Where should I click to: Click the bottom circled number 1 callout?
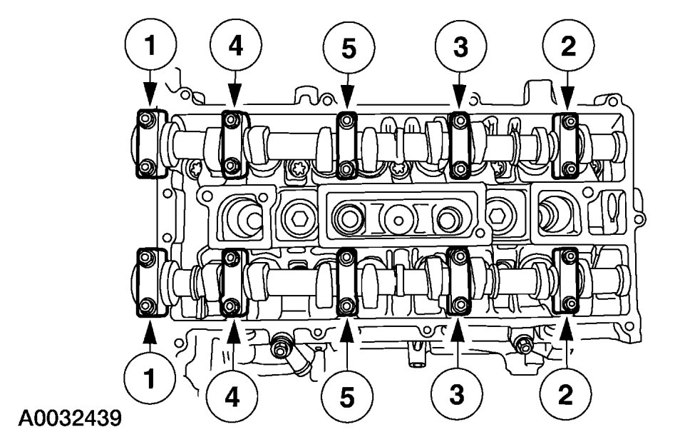150,378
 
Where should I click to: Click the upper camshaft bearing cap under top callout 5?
346,144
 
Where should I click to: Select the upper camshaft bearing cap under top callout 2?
567,144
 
